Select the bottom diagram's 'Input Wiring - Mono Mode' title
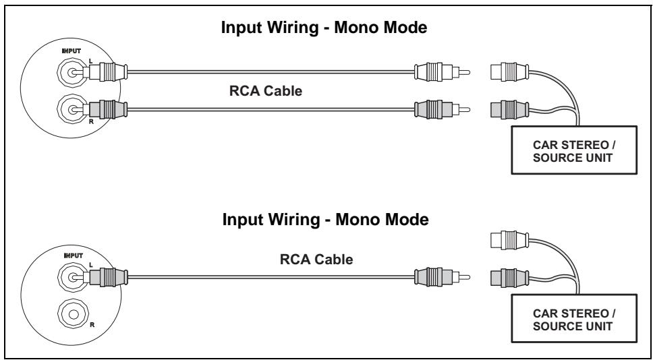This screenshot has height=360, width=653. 326,220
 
